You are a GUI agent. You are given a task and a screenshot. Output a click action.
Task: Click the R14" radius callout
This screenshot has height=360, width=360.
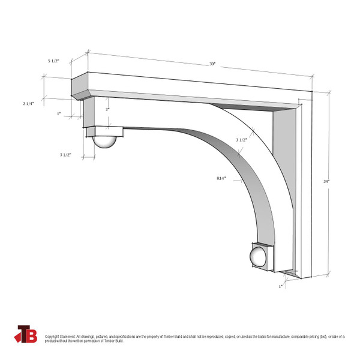(221, 178)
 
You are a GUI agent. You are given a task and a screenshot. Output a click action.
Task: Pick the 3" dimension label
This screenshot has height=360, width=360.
(107, 110)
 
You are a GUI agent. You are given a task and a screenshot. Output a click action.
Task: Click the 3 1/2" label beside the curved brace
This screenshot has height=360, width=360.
(241, 140)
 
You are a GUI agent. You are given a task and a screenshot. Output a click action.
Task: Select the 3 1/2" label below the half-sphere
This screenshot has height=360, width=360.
(65, 155)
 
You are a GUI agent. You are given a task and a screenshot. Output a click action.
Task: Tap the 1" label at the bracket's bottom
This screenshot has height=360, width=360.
(280, 287)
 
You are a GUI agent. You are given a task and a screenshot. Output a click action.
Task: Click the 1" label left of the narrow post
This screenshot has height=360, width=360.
(59, 113)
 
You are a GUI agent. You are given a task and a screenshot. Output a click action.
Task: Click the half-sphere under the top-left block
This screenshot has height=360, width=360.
(106, 143)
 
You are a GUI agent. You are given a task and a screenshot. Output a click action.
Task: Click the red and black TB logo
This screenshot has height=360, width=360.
(27, 334)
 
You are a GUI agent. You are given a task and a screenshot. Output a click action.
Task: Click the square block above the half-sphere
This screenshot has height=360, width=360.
(103, 130)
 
